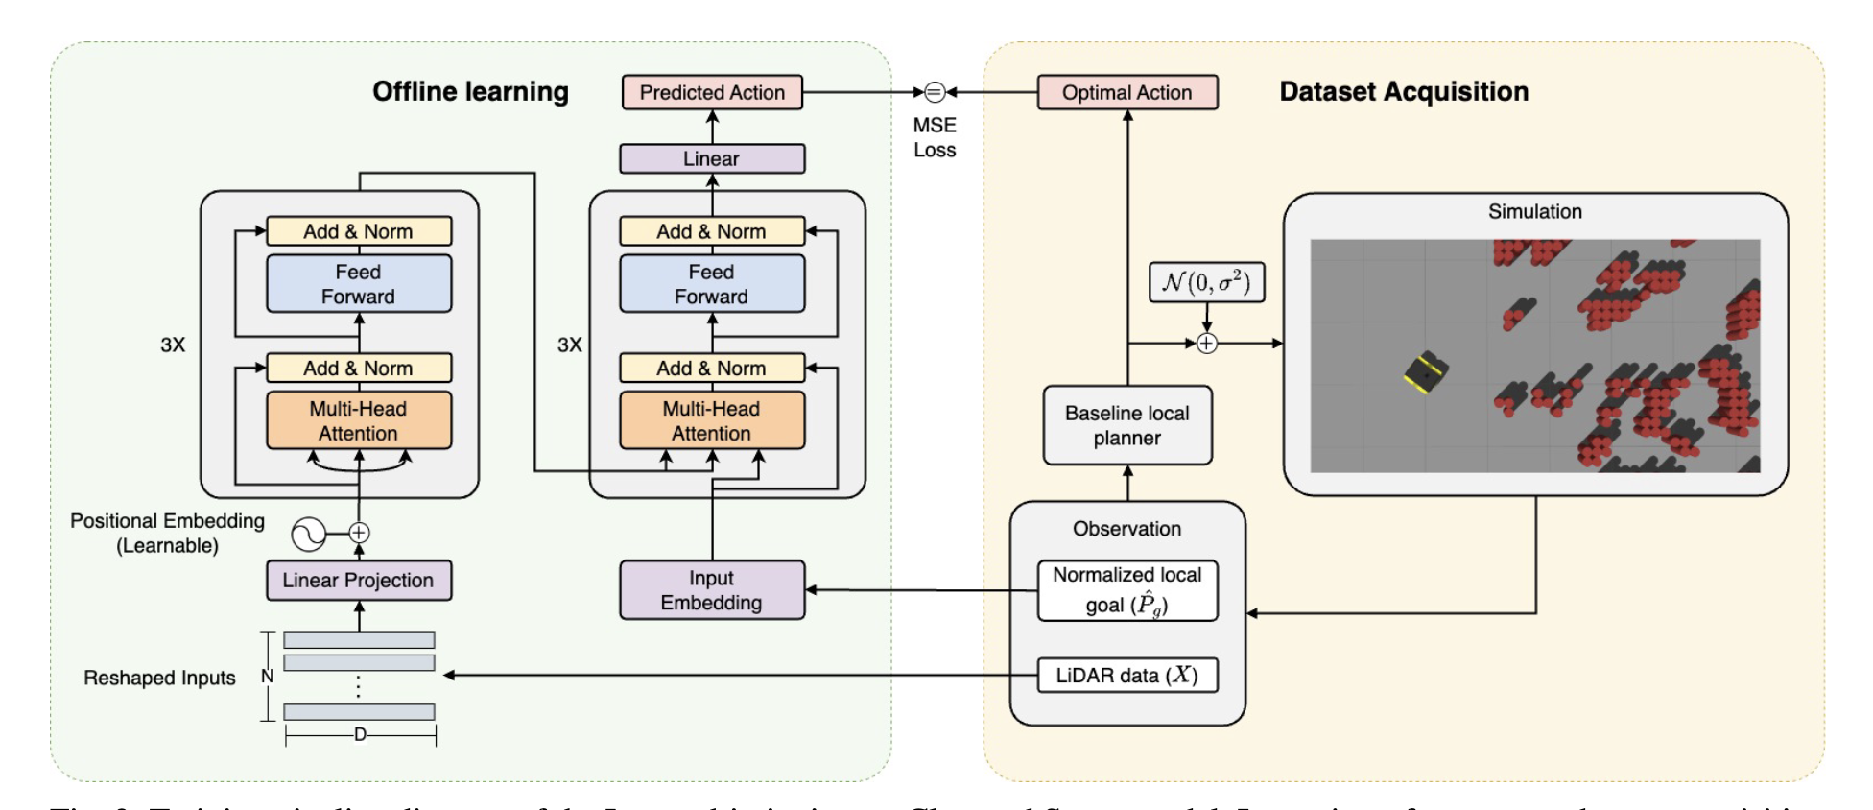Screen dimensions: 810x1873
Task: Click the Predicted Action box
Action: pyautogui.click(x=712, y=93)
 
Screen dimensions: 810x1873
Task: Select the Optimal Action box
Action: pyautogui.click(x=1127, y=93)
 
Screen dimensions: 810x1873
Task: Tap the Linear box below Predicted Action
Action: pyautogui.click(x=712, y=158)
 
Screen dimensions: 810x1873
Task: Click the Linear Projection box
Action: pyautogui.click(x=358, y=581)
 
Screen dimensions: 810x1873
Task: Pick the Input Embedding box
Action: pyautogui.click(x=712, y=590)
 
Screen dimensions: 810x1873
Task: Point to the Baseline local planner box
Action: pyautogui.click(x=1127, y=425)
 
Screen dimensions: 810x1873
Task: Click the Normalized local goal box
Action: pyautogui.click(x=1127, y=590)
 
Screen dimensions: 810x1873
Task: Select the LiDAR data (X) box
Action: pyautogui.click(x=1127, y=676)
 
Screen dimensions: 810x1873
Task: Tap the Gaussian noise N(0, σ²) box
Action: pyautogui.click(x=1206, y=282)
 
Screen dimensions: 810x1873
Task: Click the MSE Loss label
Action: pyautogui.click(x=935, y=137)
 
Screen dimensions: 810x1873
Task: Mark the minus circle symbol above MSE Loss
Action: pyautogui.click(x=935, y=92)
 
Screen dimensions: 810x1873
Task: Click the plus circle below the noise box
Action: pyautogui.click(x=1206, y=343)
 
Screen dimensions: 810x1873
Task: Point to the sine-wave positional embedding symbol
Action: pyautogui.click(x=309, y=534)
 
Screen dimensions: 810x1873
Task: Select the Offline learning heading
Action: pyautogui.click(x=470, y=92)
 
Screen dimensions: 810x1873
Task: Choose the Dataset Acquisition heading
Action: pyautogui.click(x=1404, y=92)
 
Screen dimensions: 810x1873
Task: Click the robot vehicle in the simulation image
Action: pyautogui.click(x=1426, y=371)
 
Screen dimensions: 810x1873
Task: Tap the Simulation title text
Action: pyautogui.click(x=1535, y=211)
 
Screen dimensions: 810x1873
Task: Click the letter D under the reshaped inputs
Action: pyautogui.click(x=360, y=735)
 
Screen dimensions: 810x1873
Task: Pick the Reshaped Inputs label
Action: pyautogui.click(x=159, y=678)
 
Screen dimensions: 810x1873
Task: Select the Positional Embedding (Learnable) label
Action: pyautogui.click(x=167, y=533)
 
